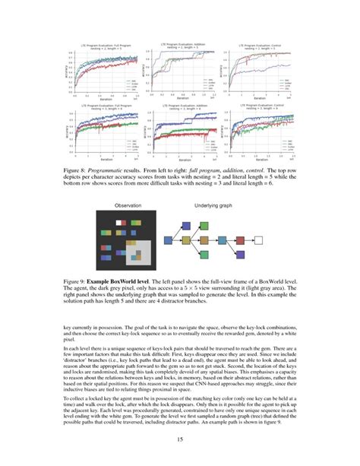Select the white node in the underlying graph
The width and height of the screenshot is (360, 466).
(259, 240)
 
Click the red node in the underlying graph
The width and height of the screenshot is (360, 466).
(240, 240)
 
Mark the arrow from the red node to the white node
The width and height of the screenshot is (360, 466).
(249, 240)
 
